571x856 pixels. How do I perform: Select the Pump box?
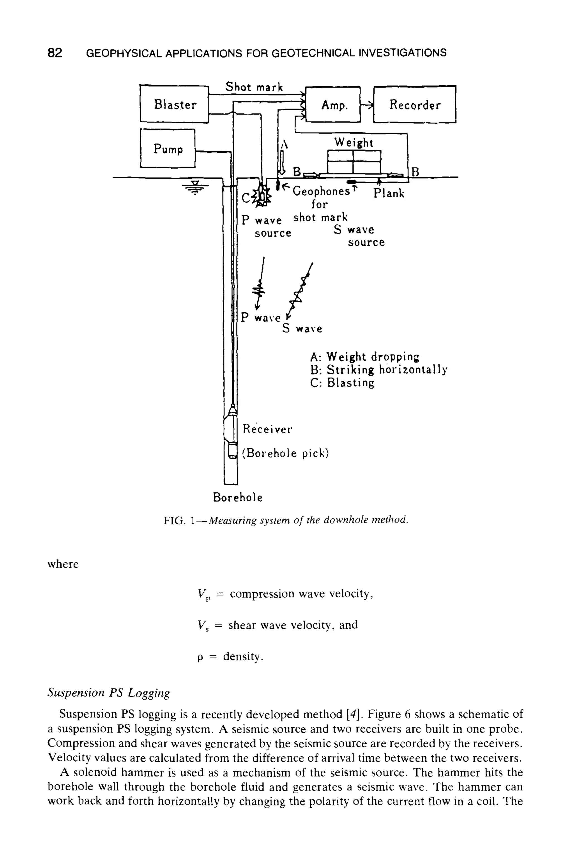coord(168,149)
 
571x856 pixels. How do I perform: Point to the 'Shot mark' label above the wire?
coord(254,87)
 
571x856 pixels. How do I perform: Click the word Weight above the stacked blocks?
coord(354,142)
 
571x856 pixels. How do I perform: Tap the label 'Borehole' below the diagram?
coord(238,497)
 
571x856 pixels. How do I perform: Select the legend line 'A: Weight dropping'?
coord(364,356)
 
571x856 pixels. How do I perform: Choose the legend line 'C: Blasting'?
coord(342,383)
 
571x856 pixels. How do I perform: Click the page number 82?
coord(55,53)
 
